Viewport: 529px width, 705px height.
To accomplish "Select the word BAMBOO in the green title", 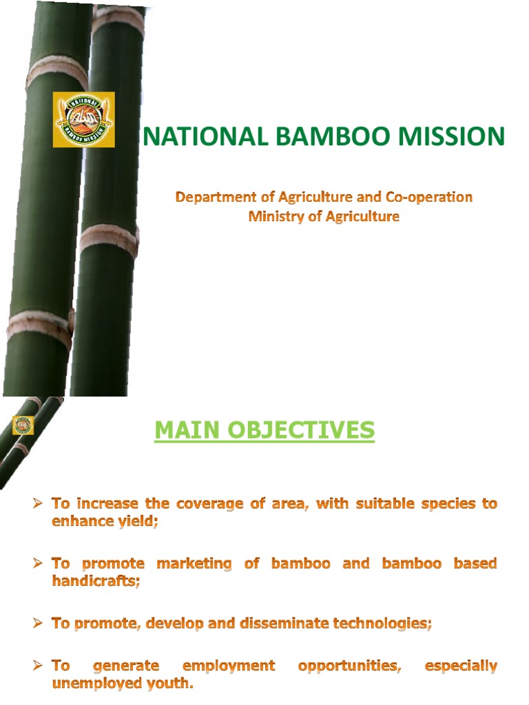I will [315, 136].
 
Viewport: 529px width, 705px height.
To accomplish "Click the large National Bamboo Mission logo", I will [83, 120].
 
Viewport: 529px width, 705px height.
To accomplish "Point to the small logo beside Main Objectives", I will [23, 425].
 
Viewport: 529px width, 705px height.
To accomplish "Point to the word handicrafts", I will [96, 581].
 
